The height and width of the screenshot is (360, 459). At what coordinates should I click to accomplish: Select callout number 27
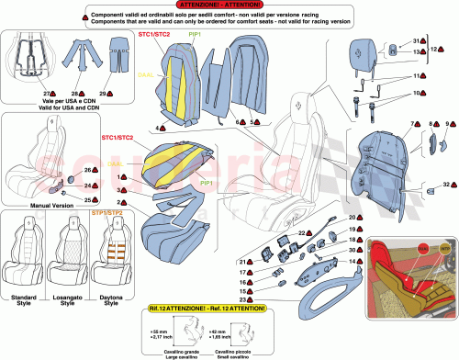tap(44, 95)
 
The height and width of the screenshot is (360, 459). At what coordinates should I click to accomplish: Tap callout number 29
tap(102, 95)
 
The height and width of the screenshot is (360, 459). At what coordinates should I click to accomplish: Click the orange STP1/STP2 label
tap(109, 215)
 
